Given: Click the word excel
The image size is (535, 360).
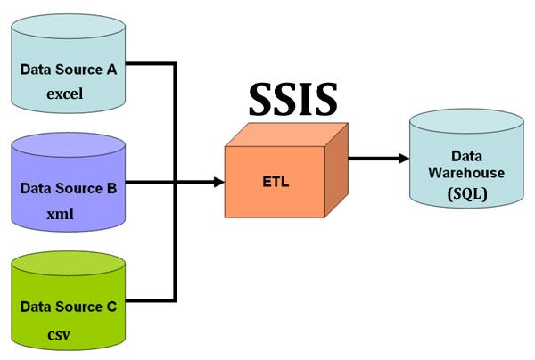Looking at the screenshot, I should click(x=70, y=93).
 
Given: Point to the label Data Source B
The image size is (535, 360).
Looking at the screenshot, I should click(x=69, y=188).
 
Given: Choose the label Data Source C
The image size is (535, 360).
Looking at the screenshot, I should click(x=69, y=306).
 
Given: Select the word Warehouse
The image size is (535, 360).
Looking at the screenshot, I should click(x=467, y=173).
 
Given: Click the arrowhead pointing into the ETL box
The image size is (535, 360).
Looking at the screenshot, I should click(x=218, y=182).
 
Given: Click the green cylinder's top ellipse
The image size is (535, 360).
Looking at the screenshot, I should click(x=69, y=265).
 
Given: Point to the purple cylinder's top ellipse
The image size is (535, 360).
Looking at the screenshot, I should click(x=69, y=145).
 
